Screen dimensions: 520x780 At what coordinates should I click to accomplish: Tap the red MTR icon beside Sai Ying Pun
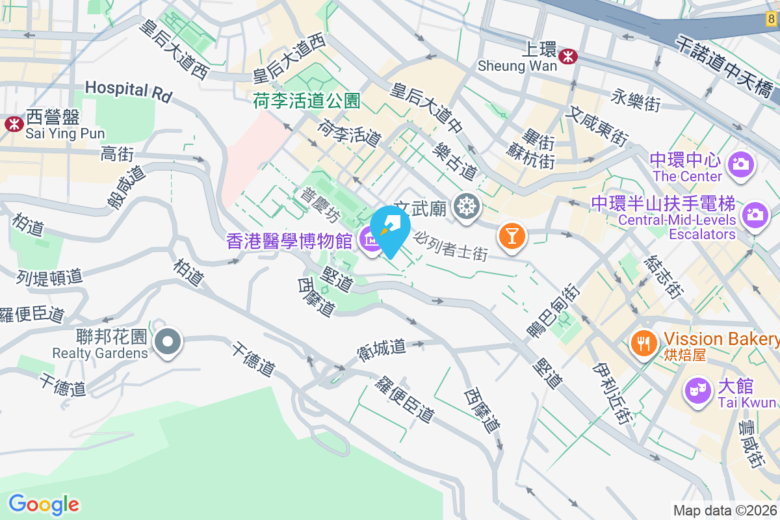click(x=13, y=123)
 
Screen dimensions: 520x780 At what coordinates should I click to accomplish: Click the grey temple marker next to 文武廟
click(x=467, y=207)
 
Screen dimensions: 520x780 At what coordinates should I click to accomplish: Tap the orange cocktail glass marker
click(x=512, y=235)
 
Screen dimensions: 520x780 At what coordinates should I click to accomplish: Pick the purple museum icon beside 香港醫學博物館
click(x=371, y=242)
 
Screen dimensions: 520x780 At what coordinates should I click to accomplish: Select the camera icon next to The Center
click(x=740, y=164)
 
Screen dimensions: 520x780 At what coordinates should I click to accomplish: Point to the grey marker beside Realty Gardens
click(x=168, y=341)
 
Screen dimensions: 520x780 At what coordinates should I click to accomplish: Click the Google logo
click(x=44, y=504)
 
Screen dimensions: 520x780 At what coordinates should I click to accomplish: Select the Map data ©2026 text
click(x=725, y=511)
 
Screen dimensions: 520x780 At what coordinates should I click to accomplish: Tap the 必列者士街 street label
click(x=450, y=245)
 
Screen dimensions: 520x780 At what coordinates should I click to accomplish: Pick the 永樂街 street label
click(x=636, y=101)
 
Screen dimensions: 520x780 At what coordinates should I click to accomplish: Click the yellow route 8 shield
click(x=770, y=21)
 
